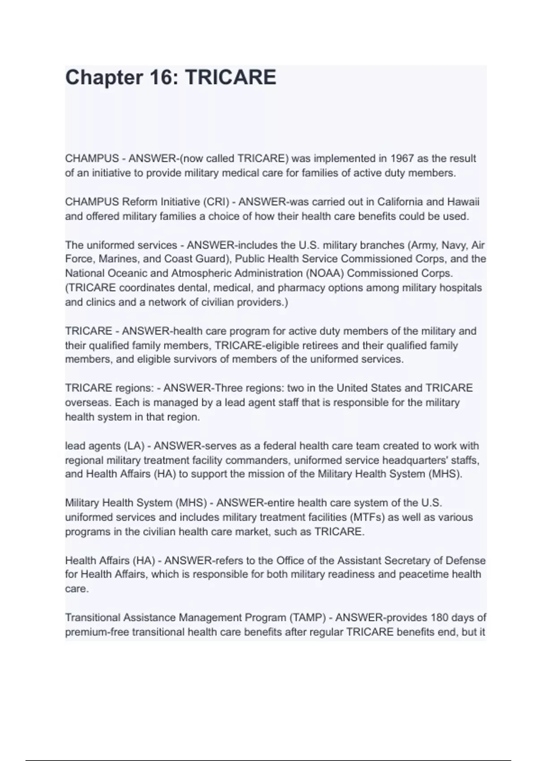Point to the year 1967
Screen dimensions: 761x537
(x=402, y=158)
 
